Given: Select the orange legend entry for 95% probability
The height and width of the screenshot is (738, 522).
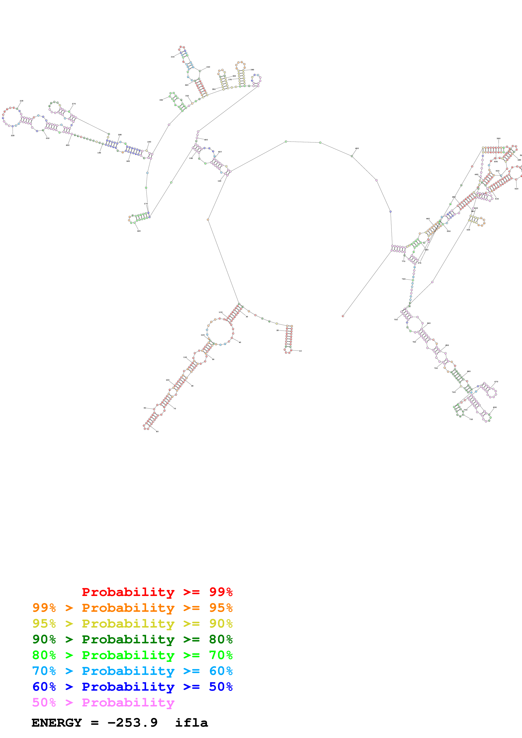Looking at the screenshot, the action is click(x=132, y=608).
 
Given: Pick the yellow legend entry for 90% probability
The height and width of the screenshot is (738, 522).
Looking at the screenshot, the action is click(x=132, y=624).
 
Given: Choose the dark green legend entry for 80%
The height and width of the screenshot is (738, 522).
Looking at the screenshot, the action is click(x=132, y=639).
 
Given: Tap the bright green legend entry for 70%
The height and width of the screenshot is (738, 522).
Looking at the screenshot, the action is click(x=132, y=655).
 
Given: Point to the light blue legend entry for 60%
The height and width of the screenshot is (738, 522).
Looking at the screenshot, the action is click(x=132, y=671).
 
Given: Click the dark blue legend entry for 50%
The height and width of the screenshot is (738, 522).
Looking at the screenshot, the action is click(x=132, y=687).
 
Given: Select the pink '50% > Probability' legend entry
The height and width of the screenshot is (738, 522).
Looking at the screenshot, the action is click(x=103, y=702).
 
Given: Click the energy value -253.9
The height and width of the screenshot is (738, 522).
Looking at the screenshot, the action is click(x=132, y=723).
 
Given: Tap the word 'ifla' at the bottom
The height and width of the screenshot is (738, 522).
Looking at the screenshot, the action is click(x=191, y=723).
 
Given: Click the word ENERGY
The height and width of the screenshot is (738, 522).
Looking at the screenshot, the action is click(x=57, y=723).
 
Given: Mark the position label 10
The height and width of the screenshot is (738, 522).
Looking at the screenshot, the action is click(x=300, y=351).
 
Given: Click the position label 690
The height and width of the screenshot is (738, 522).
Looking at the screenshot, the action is click(x=495, y=407).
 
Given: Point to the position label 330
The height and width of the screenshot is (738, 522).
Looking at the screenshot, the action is click(x=172, y=57).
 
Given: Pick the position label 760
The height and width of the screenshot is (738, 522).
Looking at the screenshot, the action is click(x=403, y=279).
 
